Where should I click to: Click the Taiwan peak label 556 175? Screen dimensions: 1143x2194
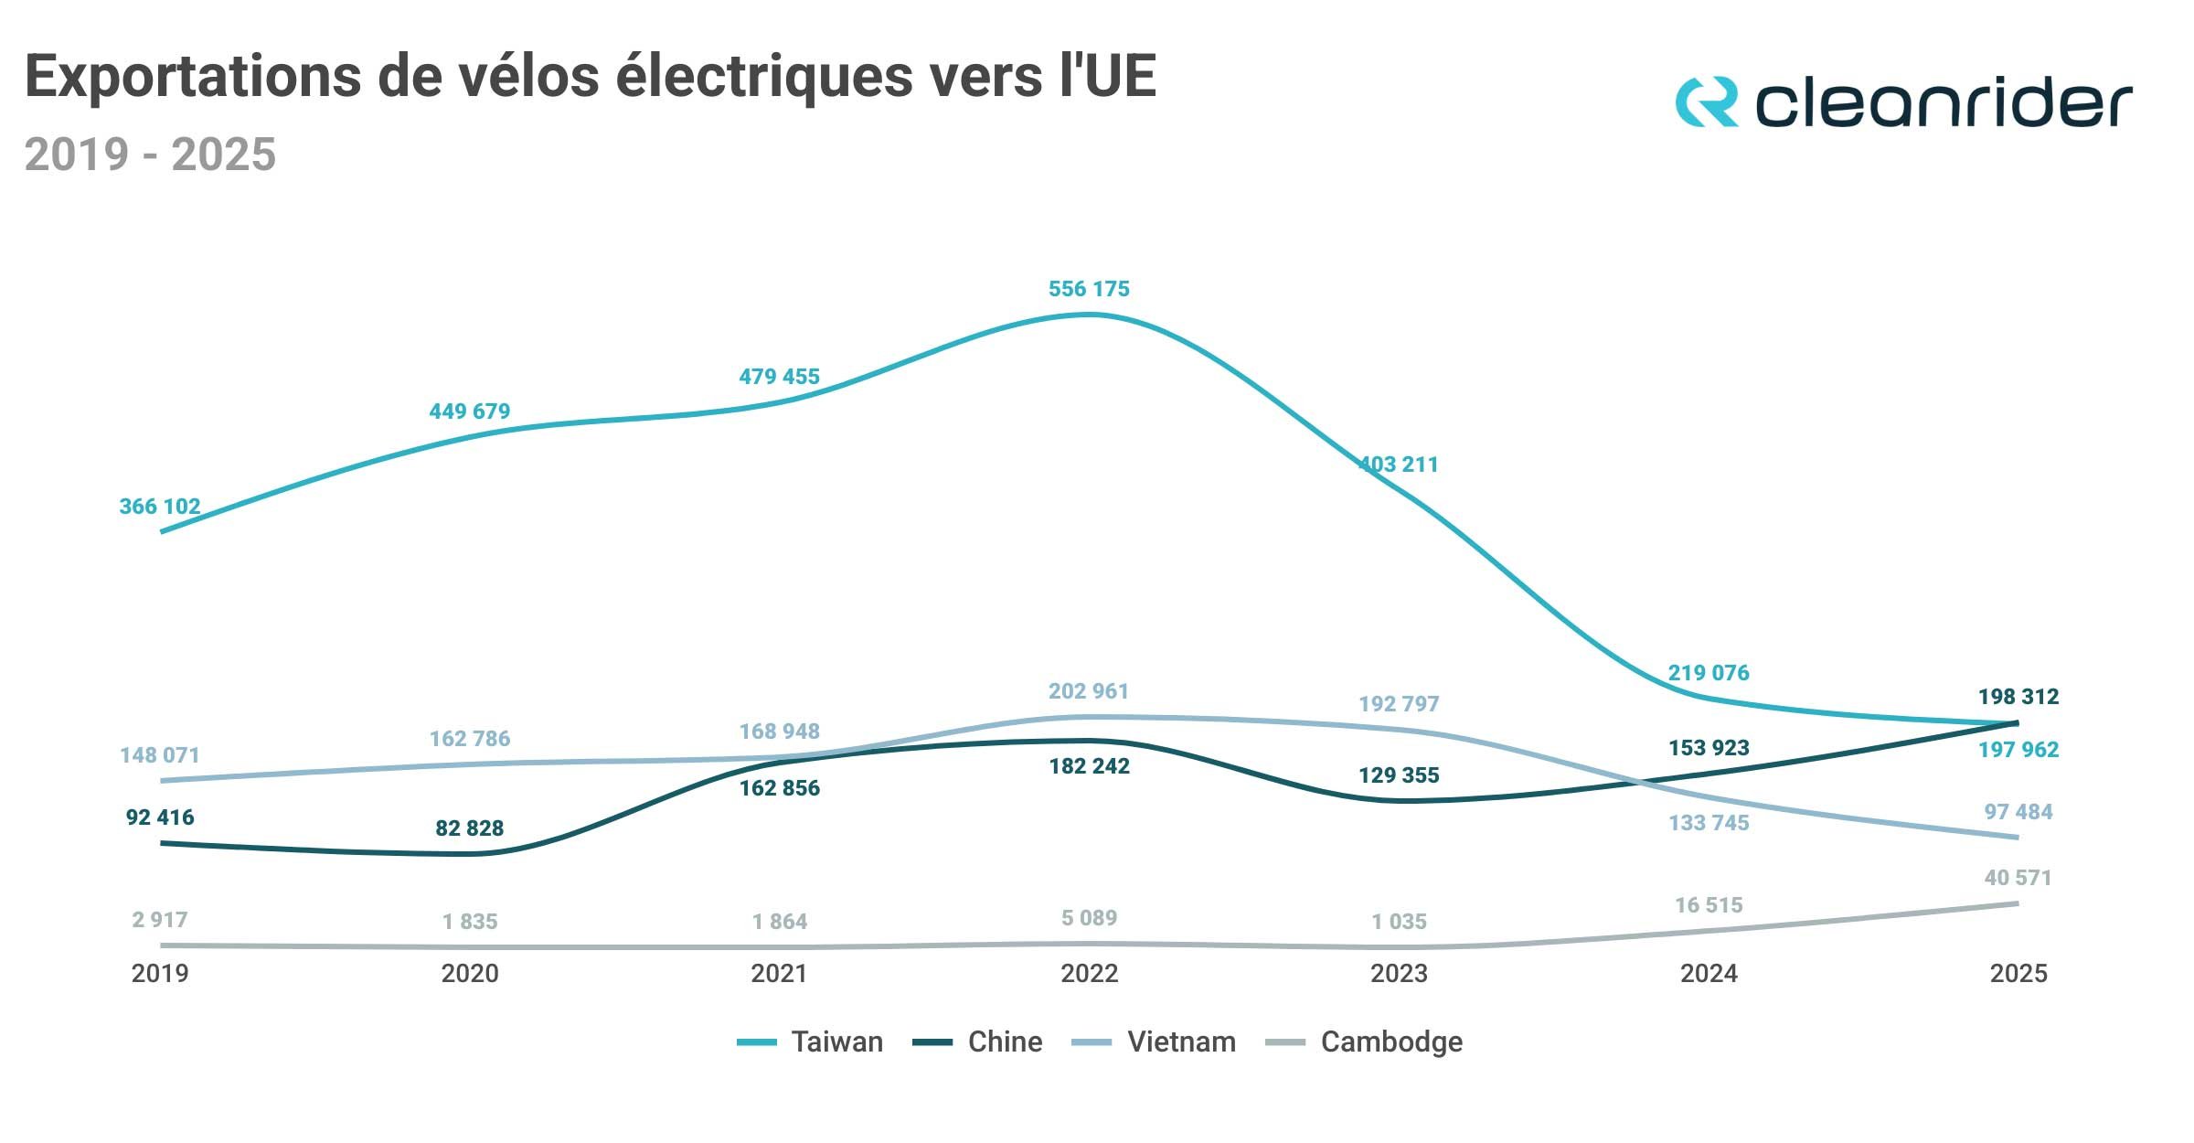[1089, 289]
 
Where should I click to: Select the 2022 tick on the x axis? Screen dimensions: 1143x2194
[1089, 973]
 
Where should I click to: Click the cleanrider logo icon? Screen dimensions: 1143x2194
[1706, 101]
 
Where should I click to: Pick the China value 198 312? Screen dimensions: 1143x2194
[2018, 697]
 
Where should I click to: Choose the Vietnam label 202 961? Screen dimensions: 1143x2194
[1089, 691]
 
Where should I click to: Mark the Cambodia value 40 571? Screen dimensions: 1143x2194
[2018, 878]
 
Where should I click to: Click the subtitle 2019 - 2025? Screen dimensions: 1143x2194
[150, 154]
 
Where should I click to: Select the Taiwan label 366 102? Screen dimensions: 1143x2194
[160, 507]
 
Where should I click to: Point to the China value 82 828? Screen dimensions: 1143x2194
[469, 828]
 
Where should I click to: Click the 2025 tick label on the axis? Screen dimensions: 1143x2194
[2018, 973]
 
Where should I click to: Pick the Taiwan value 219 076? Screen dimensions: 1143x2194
[1709, 673]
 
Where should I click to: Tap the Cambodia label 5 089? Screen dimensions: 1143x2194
[1089, 918]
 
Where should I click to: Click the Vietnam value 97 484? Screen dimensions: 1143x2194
[2018, 812]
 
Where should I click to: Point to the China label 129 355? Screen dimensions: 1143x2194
[1399, 775]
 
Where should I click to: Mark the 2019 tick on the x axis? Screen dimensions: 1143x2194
[160, 973]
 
